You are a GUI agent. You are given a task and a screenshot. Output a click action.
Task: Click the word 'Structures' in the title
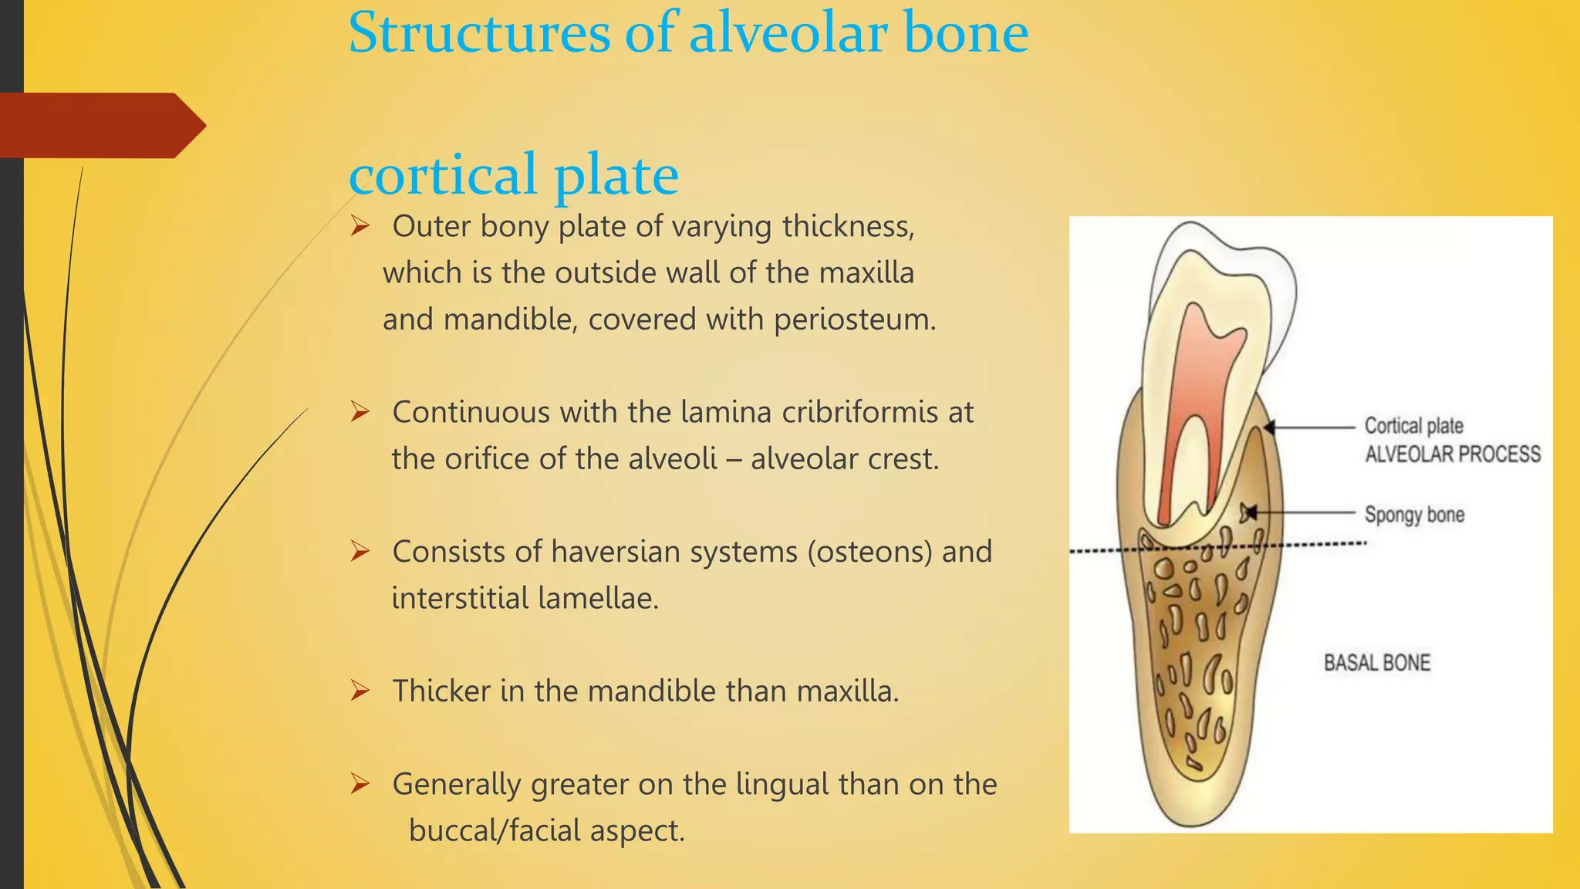click(x=479, y=34)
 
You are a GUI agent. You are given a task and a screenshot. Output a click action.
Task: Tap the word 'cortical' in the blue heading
click(x=443, y=175)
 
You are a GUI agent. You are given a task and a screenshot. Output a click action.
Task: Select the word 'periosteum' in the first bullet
click(x=853, y=319)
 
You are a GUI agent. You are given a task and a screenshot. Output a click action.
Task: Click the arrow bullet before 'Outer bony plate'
click(x=360, y=226)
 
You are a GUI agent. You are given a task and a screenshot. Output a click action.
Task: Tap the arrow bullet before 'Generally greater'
click(x=360, y=784)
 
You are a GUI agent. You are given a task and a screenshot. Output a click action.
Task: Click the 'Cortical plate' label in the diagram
click(x=1413, y=426)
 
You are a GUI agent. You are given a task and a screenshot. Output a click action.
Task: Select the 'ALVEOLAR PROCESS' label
click(x=1452, y=454)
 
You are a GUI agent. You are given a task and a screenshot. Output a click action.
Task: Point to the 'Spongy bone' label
click(x=1413, y=515)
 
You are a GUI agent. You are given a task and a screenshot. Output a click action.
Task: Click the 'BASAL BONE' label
click(x=1377, y=663)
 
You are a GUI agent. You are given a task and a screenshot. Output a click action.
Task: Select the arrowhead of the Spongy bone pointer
click(x=1248, y=512)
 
